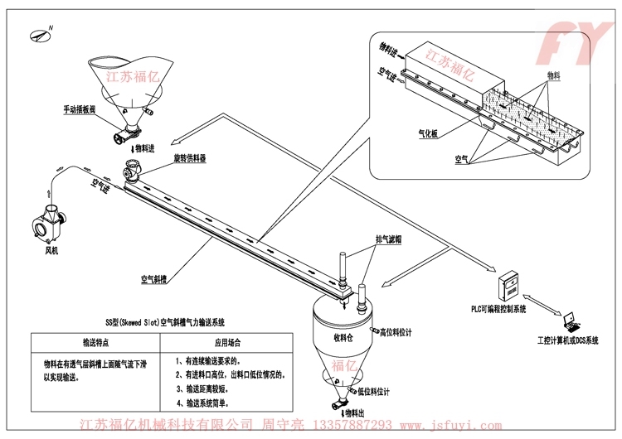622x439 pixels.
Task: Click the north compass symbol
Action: coord(40,34)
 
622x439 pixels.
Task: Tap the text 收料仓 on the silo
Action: coord(344,337)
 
